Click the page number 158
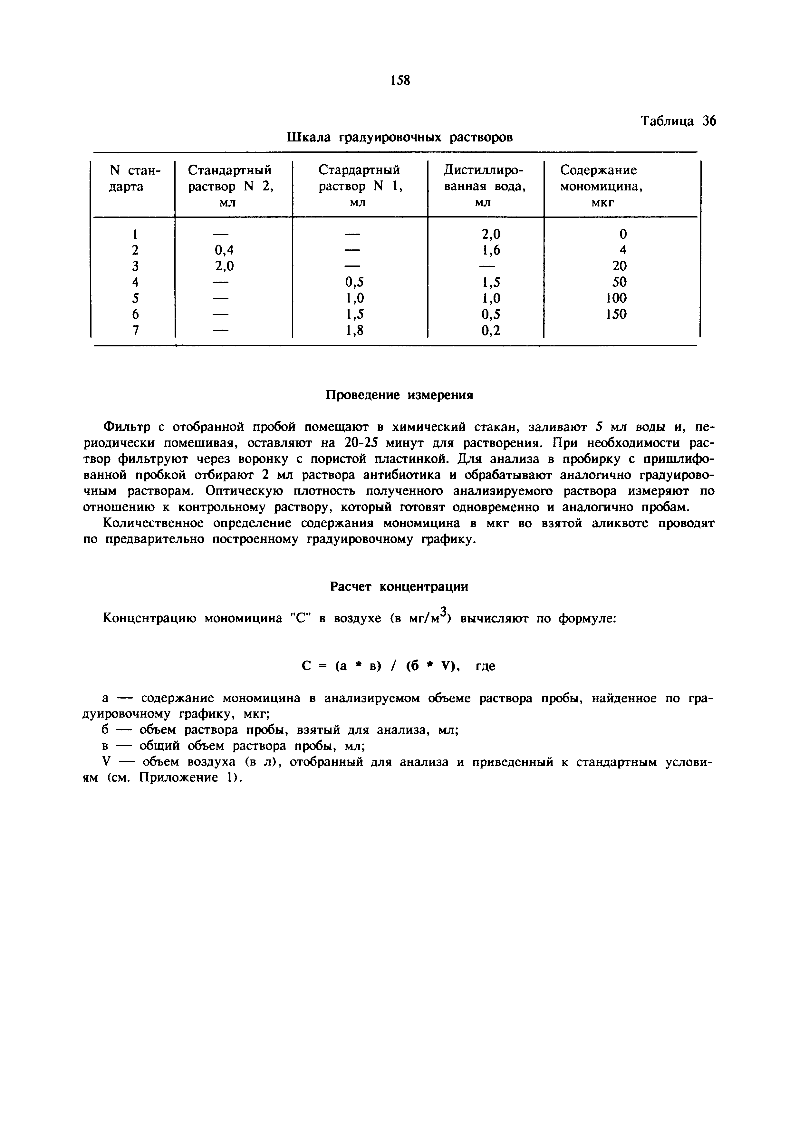click(400, 80)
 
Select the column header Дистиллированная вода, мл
click(484, 186)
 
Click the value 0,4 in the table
click(224, 250)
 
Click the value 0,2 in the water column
click(491, 331)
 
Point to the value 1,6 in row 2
click(491, 250)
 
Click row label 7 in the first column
click(135, 331)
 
